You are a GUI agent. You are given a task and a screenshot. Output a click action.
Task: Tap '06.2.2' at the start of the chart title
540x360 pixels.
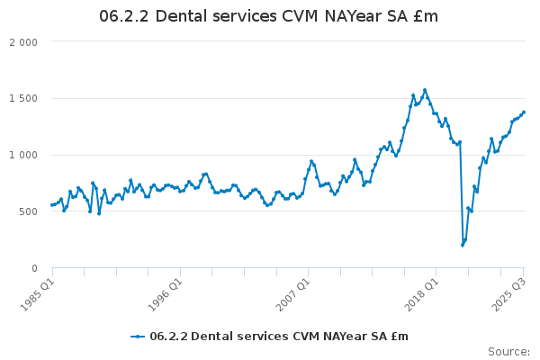123,17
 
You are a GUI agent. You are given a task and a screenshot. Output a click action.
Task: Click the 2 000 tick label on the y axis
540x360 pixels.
23,42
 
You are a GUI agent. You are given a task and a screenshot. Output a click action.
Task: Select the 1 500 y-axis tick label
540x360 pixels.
23,99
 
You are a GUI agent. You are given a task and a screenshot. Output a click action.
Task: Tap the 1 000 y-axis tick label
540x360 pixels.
23,156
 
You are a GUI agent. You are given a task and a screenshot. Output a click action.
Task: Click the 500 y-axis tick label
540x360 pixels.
28,212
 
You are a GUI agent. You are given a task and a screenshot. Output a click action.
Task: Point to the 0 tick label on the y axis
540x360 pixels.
34,268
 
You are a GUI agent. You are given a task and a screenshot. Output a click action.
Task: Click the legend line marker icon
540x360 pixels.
138,337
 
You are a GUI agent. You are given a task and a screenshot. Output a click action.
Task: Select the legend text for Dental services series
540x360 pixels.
278,337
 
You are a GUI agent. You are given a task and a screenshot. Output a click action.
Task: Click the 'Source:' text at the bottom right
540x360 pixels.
508,351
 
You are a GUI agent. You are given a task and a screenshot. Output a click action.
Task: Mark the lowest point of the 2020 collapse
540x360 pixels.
463,245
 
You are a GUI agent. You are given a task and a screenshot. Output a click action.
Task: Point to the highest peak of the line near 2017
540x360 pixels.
425,90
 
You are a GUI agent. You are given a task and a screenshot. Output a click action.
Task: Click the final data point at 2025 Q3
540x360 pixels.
524,112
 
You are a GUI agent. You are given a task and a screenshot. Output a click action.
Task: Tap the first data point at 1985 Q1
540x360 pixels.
52,205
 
